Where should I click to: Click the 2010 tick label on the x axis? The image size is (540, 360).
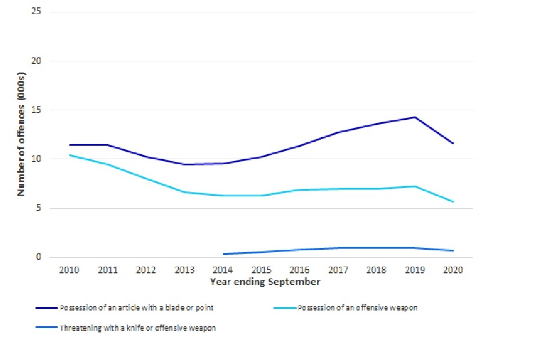tap(69, 270)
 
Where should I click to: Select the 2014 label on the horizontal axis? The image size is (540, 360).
tap(223, 270)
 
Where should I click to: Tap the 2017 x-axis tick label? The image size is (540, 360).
tap(338, 270)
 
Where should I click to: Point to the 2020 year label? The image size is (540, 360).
tap(453, 270)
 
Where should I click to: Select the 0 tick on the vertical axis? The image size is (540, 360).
tap(39, 258)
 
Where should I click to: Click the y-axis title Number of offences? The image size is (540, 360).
tap(22, 134)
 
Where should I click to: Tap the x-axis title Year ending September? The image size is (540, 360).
tap(265, 282)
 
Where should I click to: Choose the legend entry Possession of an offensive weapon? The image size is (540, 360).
tap(357, 308)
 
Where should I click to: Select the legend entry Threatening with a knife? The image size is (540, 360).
tap(137, 328)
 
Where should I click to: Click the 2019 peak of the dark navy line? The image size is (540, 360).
tap(415, 117)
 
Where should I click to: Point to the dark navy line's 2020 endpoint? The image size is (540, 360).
tap(453, 143)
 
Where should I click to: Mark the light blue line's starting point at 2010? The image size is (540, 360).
tap(69, 155)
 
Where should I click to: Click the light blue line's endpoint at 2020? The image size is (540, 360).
tap(453, 201)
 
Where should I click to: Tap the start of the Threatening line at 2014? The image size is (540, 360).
tap(223, 254)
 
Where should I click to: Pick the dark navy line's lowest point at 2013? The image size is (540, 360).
tap(184, 164)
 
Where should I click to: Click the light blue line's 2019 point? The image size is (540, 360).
tap(415, 186)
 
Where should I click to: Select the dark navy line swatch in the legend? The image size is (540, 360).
tap(46, 308)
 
